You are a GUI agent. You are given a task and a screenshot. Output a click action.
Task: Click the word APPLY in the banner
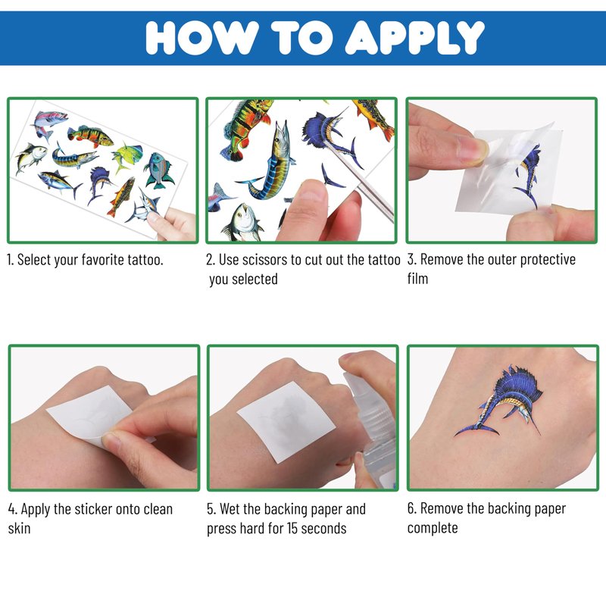click(x=414, y=37)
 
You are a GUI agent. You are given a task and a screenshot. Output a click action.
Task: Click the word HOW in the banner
click(x=202, y=37)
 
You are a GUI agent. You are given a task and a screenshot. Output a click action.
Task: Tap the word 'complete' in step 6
click(x=433, y=528)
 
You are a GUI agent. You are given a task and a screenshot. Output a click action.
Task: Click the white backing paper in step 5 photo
click(x=286, y=421)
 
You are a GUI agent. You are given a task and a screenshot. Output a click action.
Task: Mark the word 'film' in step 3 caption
click(x=418, y=279)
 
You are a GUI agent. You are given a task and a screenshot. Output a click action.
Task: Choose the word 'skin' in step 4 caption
click(x=20, y=528)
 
